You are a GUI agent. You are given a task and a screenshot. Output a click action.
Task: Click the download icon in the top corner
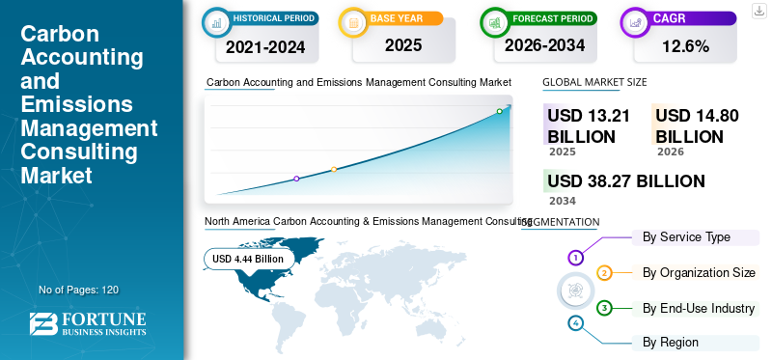click(x=758, y=10)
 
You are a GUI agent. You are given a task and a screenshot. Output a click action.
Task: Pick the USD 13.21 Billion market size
click(x=589, y=126)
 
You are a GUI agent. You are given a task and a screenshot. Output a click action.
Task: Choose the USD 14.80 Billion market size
click(x=697, y=126)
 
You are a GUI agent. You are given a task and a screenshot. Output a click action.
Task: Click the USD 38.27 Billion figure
click(x=625, y=181)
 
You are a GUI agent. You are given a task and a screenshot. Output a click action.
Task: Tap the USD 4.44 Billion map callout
click(x=248, y=259)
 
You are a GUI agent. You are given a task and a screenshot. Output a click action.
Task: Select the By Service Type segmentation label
click(x=686, y=236)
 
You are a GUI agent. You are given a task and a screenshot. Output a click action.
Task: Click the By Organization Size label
click(x=699, y=272)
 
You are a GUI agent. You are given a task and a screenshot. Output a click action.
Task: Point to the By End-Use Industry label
click(x=699, y=308)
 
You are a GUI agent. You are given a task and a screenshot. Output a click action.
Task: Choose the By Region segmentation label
click(x=671, y=342)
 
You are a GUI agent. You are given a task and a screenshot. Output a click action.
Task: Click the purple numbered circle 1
click(x=576, y=258)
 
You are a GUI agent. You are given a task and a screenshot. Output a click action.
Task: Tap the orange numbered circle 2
click(x=604, y=273)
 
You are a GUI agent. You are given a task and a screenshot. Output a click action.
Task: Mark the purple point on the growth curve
click(x=296, y=179)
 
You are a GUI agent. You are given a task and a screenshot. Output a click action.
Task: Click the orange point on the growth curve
click(x=334, y=170)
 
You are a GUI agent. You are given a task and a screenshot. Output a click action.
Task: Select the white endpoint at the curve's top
click(x=499, y=111)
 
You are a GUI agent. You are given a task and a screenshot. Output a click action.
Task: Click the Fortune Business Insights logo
click(x=88, y=324)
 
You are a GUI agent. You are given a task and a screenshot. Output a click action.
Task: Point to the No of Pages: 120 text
click(x=79, y=290)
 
